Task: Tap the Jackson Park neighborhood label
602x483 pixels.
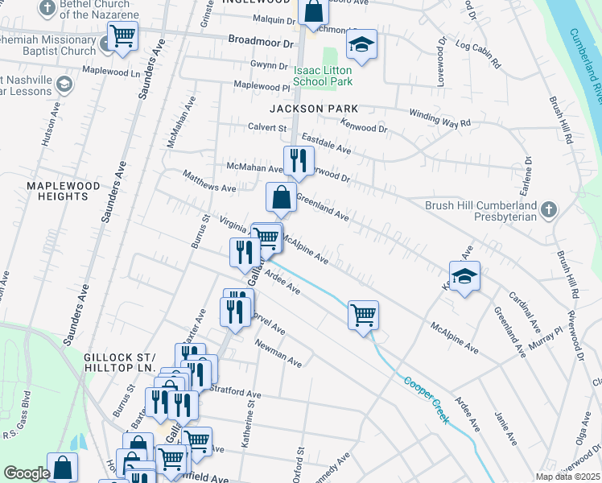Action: point(313,108)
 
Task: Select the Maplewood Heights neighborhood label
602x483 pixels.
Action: point(68,191)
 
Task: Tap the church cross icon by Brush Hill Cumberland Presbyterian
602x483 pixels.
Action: point(548,210)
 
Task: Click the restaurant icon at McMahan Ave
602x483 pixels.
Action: point(298,160)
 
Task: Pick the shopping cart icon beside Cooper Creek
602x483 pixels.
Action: point(363,314)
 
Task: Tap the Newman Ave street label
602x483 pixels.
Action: point(278,353)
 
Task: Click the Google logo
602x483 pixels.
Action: point(27,473)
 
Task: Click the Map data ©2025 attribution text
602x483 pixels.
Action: point(567,477)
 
